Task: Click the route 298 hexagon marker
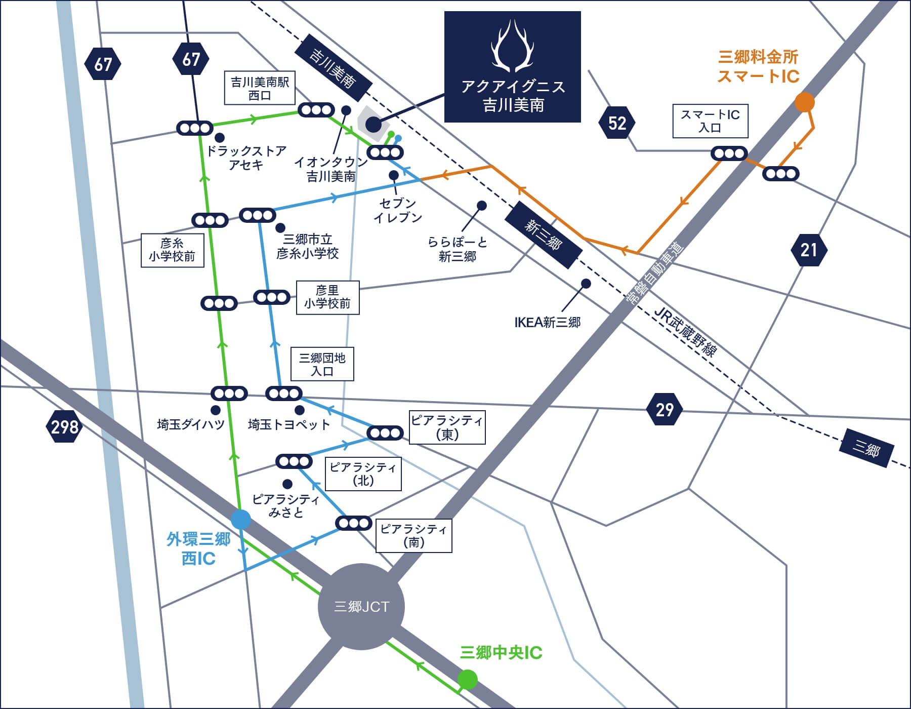[64, 427]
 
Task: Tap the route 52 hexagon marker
[616, 123]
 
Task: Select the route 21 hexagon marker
[808, 250]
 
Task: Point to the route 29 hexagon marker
[664, 409]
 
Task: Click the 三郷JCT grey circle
[361, 607]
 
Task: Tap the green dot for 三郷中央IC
[467, 679]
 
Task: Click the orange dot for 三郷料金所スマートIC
[804, 102]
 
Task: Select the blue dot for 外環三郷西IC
[240, 520]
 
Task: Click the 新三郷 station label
[543, 234]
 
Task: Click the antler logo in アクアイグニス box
[513, 46]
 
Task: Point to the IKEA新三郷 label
[547, 322]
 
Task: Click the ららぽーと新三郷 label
[457, 249]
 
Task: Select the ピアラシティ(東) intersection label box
[447, 427]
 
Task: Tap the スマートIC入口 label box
[710, 121]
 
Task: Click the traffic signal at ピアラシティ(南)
[354, 523]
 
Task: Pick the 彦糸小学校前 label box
[172, 250]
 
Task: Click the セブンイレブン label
[397, 210]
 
